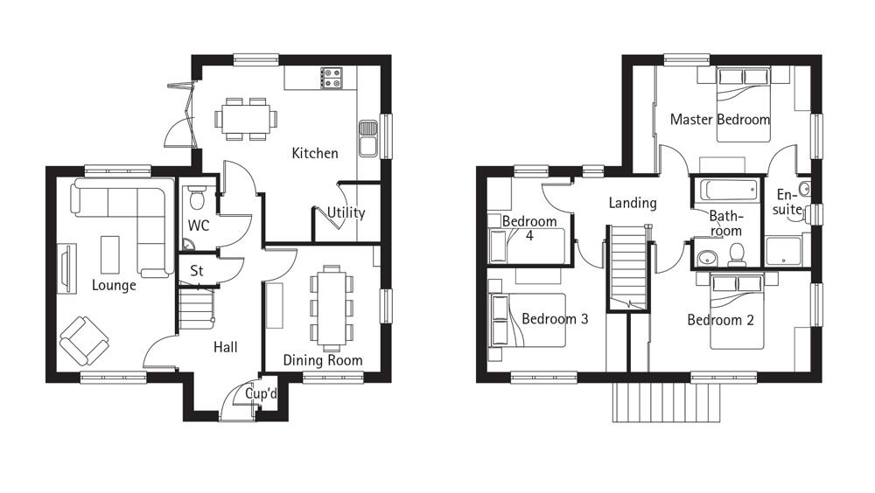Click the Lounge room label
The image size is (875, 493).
114,285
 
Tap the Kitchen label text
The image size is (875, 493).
314,154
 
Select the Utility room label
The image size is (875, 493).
346,212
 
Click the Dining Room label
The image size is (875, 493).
323,360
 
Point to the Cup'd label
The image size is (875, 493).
261,394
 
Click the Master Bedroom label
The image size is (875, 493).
719,120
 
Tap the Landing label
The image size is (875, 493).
632,203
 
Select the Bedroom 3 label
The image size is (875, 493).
555,319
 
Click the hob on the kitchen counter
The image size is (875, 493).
332,79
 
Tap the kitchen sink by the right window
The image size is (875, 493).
367,137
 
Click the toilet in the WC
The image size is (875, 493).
197,198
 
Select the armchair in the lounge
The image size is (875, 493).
84,340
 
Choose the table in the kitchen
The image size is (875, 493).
245,118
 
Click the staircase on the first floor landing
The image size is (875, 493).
627,267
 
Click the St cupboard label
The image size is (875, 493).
197,271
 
